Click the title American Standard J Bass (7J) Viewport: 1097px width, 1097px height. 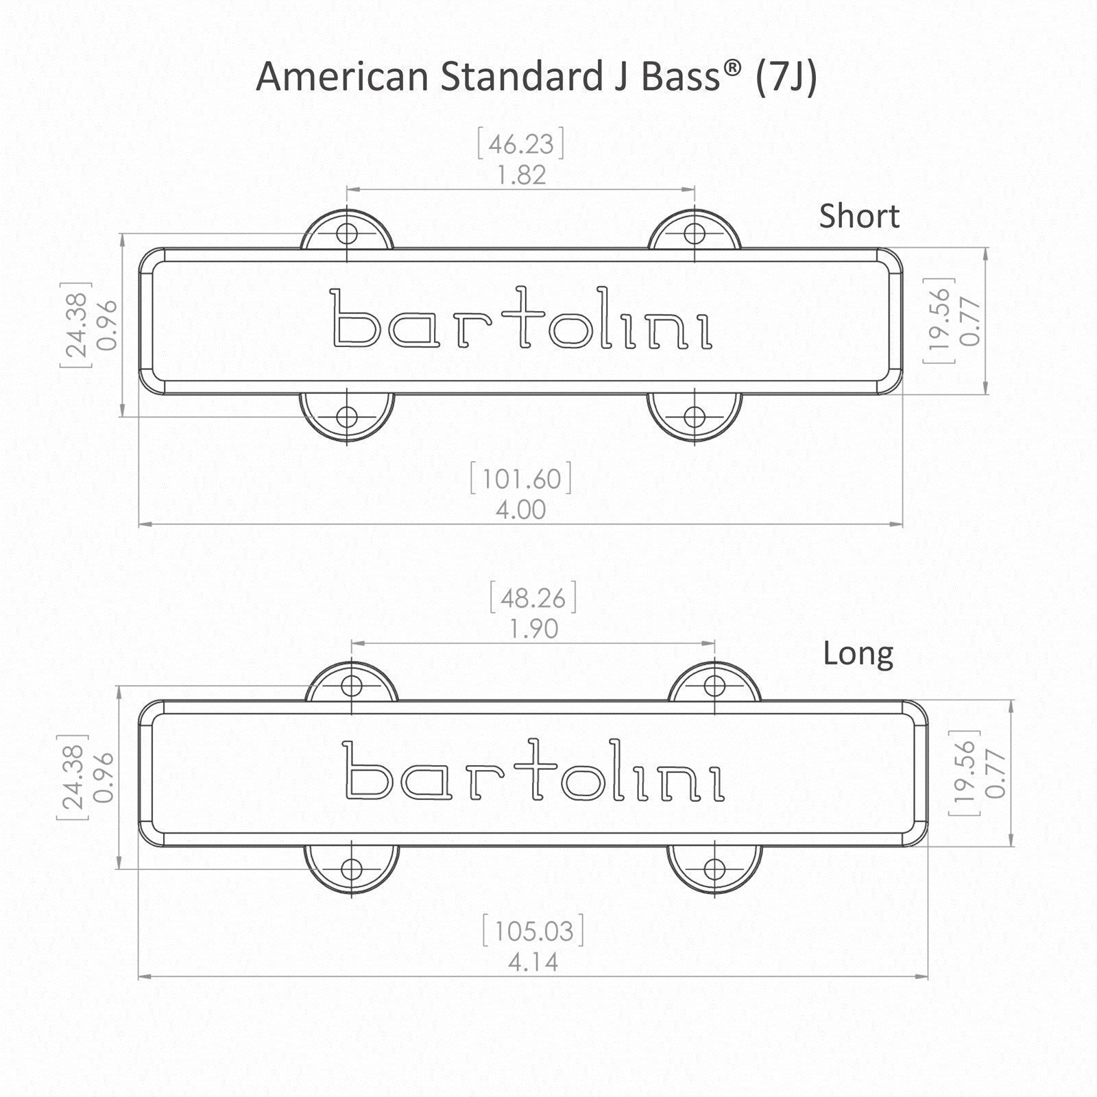536,77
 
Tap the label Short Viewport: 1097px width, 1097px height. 859,216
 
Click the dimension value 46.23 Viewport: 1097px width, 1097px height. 521,145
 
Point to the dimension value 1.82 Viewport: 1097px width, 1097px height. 522,176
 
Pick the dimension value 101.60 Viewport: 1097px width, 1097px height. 521,479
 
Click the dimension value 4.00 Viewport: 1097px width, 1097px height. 521,510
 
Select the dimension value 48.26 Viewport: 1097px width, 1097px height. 533,598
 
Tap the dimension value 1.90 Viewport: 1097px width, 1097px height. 533,629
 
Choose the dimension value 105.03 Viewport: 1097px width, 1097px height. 533,932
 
